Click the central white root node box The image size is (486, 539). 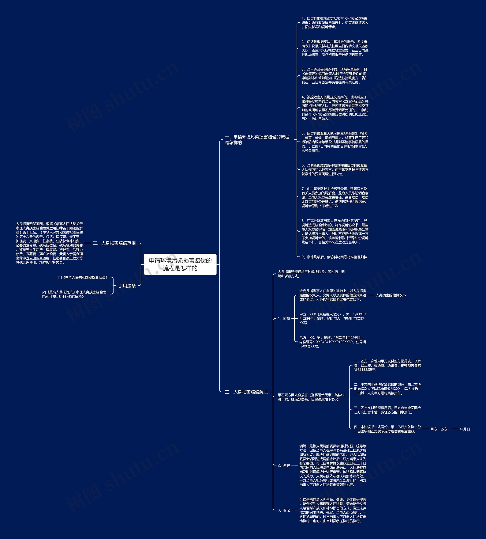(180, 264)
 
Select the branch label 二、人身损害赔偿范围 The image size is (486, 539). (114, 243)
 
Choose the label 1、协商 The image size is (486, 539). (284, 319)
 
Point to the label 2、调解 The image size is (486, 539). (284, 465)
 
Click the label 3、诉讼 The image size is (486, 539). (284, 510)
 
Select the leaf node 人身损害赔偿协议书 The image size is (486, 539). (391, 295)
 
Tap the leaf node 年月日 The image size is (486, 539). (465, 429)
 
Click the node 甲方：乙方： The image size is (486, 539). (439, 429)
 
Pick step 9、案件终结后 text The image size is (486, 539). (334, 257)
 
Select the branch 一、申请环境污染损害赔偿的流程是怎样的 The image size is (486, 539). (257, 139)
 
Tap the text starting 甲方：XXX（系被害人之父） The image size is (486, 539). (333, 319)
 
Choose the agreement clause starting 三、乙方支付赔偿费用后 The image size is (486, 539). (387, 410)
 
